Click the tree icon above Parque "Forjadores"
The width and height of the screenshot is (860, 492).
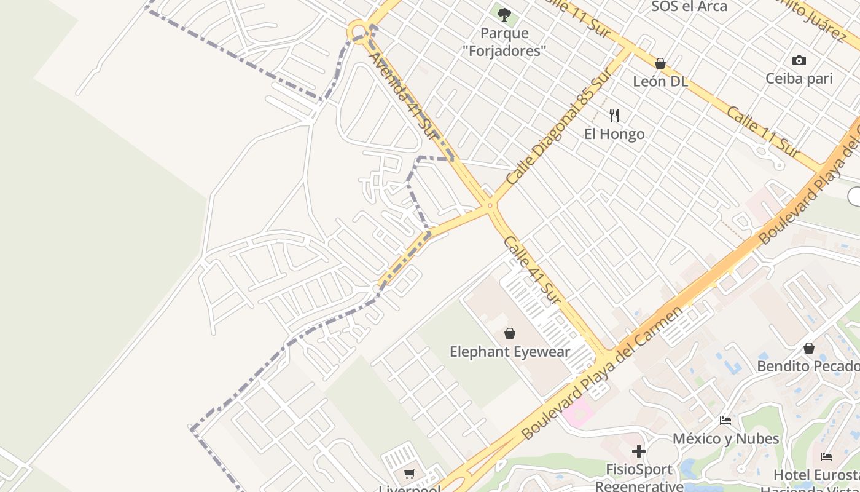point(504,14)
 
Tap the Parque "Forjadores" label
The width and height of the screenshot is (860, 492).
point(513,42)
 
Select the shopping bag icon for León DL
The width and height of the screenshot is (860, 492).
point(660,63)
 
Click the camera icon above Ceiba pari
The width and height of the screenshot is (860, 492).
point(799,60)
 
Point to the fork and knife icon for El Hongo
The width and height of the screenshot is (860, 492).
point(614,115)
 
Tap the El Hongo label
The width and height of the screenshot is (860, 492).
point(614,134)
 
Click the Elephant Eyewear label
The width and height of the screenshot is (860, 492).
point(510,352)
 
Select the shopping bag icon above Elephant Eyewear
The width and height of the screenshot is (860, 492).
point(510,333)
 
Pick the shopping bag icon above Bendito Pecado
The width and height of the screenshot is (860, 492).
point(809,348)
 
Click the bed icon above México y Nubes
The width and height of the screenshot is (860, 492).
point(725,421)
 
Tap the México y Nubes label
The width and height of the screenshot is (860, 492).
point(725,438)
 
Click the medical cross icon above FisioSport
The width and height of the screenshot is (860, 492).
point(639,451)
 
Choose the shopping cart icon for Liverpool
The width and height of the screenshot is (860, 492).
point(410,474)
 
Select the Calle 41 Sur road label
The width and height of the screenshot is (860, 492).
point(532,269)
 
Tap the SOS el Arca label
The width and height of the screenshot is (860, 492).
point(689,7)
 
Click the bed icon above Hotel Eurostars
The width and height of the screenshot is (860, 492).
point(826,457)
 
